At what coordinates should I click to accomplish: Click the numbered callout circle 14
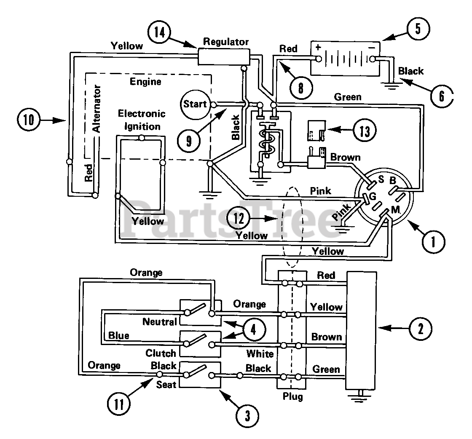click(x=160, y=32)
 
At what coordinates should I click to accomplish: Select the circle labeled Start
click(x=195, y=104)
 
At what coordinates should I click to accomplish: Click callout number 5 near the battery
click(x=418, y=29)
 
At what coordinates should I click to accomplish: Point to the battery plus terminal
click(x=319, y=59)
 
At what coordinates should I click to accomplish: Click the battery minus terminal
click(x=373, y=59)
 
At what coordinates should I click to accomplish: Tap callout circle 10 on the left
click(x=29, y=120)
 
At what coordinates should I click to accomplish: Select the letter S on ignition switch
click(x=381, y=179)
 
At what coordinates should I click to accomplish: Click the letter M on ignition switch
click(x=395, y=210)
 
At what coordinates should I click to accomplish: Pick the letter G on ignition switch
click(x=373, y=196)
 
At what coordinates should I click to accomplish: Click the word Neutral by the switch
click(x=160, y=321)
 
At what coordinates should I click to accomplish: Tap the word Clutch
click(x=161, y=353)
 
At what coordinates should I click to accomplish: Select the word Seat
click(x=166, y=385)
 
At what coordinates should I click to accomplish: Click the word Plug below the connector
click(x=292, y=397)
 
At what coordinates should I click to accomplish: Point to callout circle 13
click(x=365, y=131)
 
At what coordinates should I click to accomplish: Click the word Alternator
click(x=97, y=109)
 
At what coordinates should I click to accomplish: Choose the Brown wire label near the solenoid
click(x=345, y=158)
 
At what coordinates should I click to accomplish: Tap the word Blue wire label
click(x=118, y=335)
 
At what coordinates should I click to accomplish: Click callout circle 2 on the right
click(x=421, y=329)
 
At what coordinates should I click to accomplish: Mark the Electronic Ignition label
click(x=142, y=120)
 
